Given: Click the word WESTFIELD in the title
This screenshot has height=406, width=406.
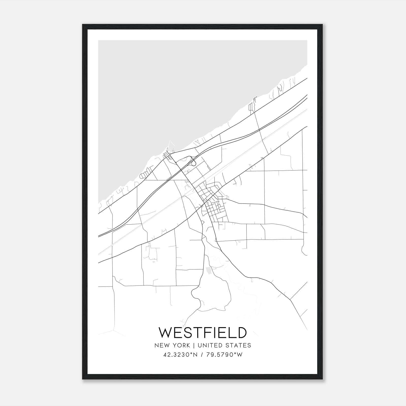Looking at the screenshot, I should pos(202,333).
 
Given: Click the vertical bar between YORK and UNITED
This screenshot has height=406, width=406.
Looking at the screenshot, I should pos(194,345).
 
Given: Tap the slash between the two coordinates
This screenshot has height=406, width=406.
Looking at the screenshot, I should pos(202,355).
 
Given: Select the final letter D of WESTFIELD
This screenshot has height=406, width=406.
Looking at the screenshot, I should pos(242,333).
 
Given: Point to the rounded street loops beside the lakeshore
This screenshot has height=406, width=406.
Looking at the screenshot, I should pos(144,174).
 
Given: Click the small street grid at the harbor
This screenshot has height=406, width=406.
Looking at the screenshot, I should pos(167,155).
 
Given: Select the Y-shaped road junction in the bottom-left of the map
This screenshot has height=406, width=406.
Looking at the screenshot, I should pos(113,330).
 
